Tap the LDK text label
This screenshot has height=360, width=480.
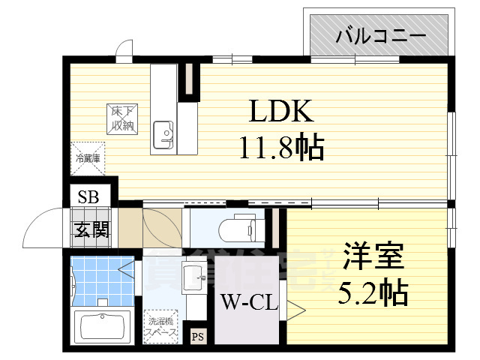click(280, 112)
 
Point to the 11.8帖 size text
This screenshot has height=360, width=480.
click(281, 148)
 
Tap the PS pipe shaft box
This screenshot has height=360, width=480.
click(198, 336)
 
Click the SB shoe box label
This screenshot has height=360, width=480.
click(88, 198)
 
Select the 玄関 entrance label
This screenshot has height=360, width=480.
click(91, 229)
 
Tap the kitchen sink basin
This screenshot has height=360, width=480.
click(163, 136)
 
